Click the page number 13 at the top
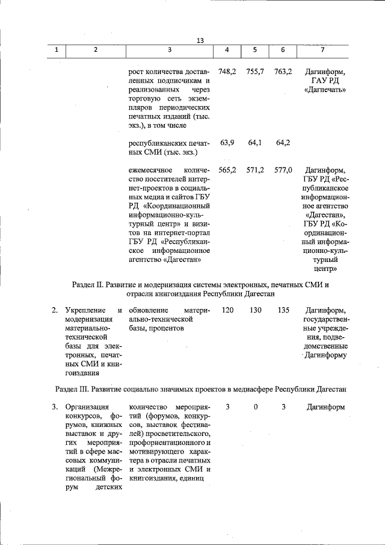200,40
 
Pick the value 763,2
283,71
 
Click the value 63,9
227,143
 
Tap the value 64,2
283,143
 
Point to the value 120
227,310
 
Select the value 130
255,310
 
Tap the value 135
283,310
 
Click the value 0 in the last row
255,407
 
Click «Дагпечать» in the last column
325,90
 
